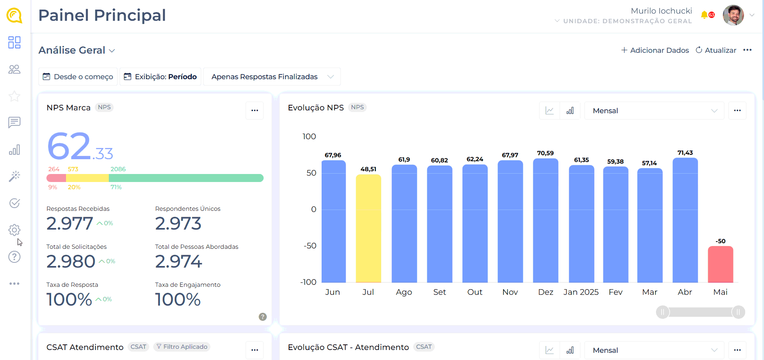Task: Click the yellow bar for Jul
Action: pos(368,228)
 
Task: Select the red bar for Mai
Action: pos(720,264)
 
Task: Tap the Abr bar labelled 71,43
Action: pos(685,220)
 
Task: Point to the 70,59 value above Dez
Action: pos(545,153)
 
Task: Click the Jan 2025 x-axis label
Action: pos(581,292)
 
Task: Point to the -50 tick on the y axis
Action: pos(310,246)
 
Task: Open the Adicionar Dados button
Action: pos(655,50)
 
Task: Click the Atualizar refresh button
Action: pos(716,50)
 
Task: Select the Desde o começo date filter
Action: pos(78,76)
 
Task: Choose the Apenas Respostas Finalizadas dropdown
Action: pos(272,76)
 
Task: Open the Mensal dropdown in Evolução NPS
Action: pos(654,111)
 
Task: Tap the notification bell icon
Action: pos(704,15)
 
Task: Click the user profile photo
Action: pos(733,15)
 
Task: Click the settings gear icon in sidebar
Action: pos(14,230)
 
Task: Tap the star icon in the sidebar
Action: pos(14,96)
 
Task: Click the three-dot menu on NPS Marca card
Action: pos(254,110)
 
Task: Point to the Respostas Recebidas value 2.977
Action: pos(70,223)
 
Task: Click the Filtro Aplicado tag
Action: pos(182,347)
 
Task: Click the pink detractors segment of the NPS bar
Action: pos(56,178)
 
